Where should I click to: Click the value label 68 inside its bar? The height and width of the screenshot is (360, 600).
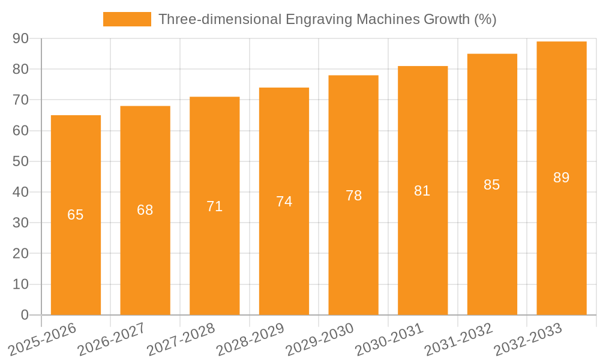click(145, 210)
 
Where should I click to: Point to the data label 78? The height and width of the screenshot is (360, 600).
click(353, 196)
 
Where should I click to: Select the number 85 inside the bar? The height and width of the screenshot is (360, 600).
click(492, 185)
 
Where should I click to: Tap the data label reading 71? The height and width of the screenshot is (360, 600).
click(215, 206)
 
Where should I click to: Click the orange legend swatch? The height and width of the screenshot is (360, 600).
click(127, 19)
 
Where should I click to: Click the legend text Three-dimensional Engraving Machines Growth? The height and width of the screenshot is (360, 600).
click(327, 19)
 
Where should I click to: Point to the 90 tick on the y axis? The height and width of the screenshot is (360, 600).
click(21, 38)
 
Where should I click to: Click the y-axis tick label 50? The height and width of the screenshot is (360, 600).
click(21, 161)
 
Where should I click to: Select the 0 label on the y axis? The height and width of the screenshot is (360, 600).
click(25, 315)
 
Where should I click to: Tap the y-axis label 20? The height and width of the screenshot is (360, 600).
click(21, 253)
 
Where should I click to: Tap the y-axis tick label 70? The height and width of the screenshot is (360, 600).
click(21, 100)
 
